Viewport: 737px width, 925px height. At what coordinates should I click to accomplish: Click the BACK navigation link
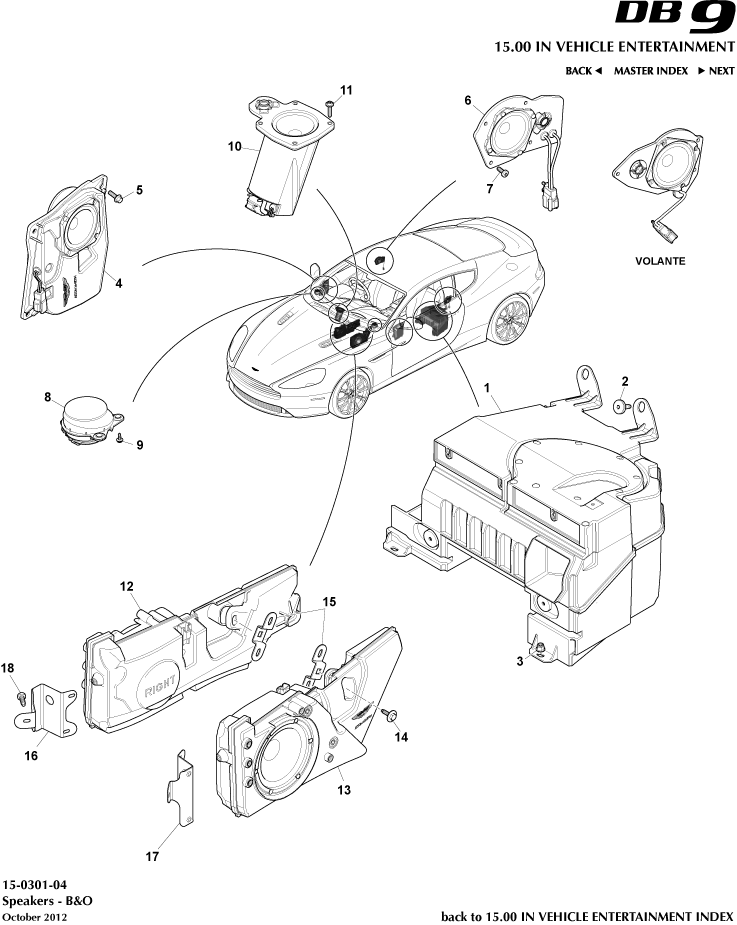[583, 71]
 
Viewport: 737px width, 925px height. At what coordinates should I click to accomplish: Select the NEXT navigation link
[716, 71]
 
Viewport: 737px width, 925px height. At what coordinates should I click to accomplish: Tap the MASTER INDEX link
[650, 71]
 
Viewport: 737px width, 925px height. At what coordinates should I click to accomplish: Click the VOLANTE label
[660, 260]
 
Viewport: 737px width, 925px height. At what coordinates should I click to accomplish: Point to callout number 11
[345, 90]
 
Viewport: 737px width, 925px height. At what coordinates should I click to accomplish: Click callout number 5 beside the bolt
[139, 189]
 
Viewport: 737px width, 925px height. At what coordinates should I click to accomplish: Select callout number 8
[47, 397]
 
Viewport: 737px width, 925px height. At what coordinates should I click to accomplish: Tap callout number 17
[151, 856]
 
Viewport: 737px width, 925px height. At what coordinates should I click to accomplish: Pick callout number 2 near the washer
[625, 381]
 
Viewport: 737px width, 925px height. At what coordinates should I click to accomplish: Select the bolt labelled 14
[389, 714]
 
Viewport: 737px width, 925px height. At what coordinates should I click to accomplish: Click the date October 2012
[35, 916]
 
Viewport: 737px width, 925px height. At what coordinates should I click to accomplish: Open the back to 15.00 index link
[587, 916]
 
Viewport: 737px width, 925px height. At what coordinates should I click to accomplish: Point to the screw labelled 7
[504, 173]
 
